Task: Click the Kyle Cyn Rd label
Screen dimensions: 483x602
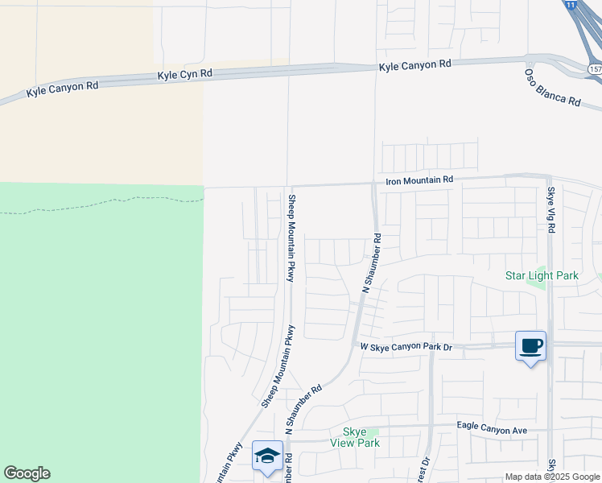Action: click(x=184, y=75)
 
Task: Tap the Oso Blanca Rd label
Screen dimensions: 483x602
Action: click(x=552, y=88)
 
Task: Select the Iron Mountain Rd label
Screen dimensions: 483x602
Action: click(x=419, y=180)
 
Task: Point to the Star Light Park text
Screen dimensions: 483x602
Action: click(x=542, y=276)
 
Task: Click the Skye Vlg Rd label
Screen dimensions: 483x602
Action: click(x=551, y=211)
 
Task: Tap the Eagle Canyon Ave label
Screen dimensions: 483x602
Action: click(x=491, y=431)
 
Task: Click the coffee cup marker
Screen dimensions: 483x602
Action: click(x=530, y=346)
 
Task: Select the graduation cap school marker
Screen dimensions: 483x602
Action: click(x=267, y=456)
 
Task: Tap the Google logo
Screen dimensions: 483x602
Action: click(x=27, y=473)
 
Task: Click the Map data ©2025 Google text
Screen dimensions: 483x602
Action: click(x=553, y=477)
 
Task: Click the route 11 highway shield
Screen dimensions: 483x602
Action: click(x=571, y=5)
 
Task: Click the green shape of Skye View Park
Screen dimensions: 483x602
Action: click(x=372, y=432)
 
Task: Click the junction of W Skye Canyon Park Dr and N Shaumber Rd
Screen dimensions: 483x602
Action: click(x=355, y=345)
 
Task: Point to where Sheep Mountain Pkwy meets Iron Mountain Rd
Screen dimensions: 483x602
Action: click(x=289, y=187)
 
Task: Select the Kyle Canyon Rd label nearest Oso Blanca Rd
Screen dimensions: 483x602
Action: click(x=415, y=64)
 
